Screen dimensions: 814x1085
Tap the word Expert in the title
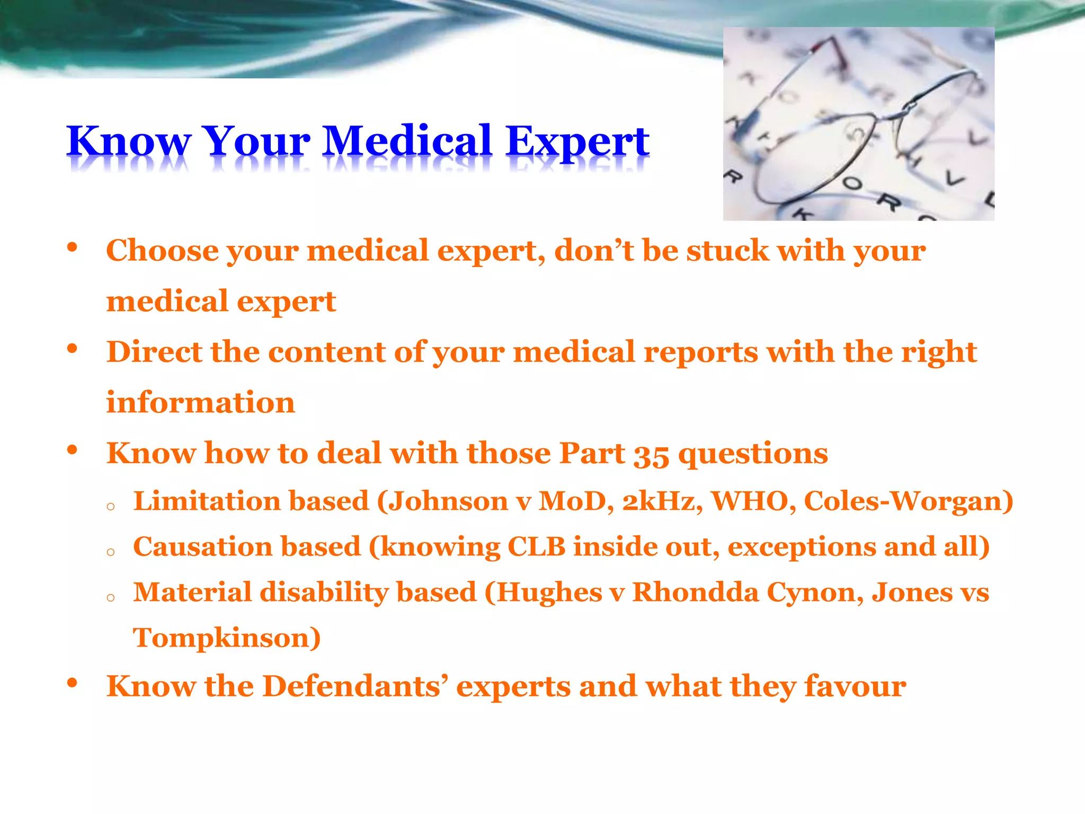pyautogui.click(x=577, y=141)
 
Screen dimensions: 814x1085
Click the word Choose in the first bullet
pyautogui.click(x=162, y=250)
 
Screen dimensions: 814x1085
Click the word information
pyautogui.click(x=200, y=402)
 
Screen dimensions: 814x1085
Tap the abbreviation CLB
pyautogui.click(x=536, y=546)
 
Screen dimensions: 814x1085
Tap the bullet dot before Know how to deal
pyautogui.click(x=73, y=450)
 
